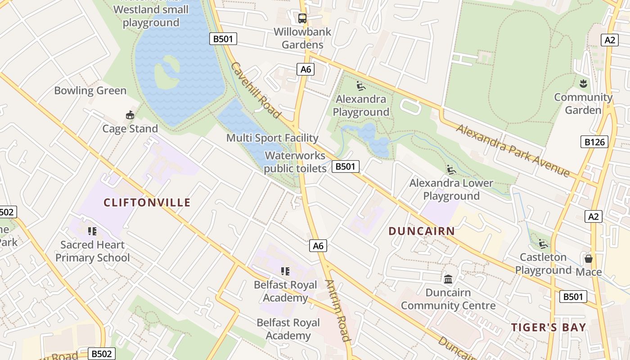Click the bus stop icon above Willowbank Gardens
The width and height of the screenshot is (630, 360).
[302, 18]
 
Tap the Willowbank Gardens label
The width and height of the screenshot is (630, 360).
[302, 38]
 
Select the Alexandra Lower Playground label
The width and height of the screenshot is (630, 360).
[451, 189]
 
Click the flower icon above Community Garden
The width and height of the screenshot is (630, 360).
[583, 83]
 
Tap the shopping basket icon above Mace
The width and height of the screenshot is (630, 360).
[588, 259]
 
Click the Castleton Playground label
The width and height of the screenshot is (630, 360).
[543, 264]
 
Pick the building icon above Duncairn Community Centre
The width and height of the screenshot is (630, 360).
[448, 279]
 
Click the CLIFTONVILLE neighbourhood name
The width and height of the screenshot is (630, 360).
[147, 202]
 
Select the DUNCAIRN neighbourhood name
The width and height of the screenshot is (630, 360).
[422, 231]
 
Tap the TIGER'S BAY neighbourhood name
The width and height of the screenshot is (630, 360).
[549, 327]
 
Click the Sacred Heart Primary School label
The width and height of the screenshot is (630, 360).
[92, 251]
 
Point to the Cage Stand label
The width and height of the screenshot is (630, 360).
[130, 129]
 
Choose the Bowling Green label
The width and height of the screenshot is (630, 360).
[90, 90]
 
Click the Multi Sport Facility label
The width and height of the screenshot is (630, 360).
[272, 138]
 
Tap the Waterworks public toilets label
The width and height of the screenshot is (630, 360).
[295, 162]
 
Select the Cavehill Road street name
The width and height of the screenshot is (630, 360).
[256, 90]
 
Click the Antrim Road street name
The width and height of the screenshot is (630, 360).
[337, 310]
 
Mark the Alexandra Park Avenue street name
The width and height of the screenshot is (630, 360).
[513, 150]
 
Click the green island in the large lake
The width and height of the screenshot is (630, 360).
[166, 72]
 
